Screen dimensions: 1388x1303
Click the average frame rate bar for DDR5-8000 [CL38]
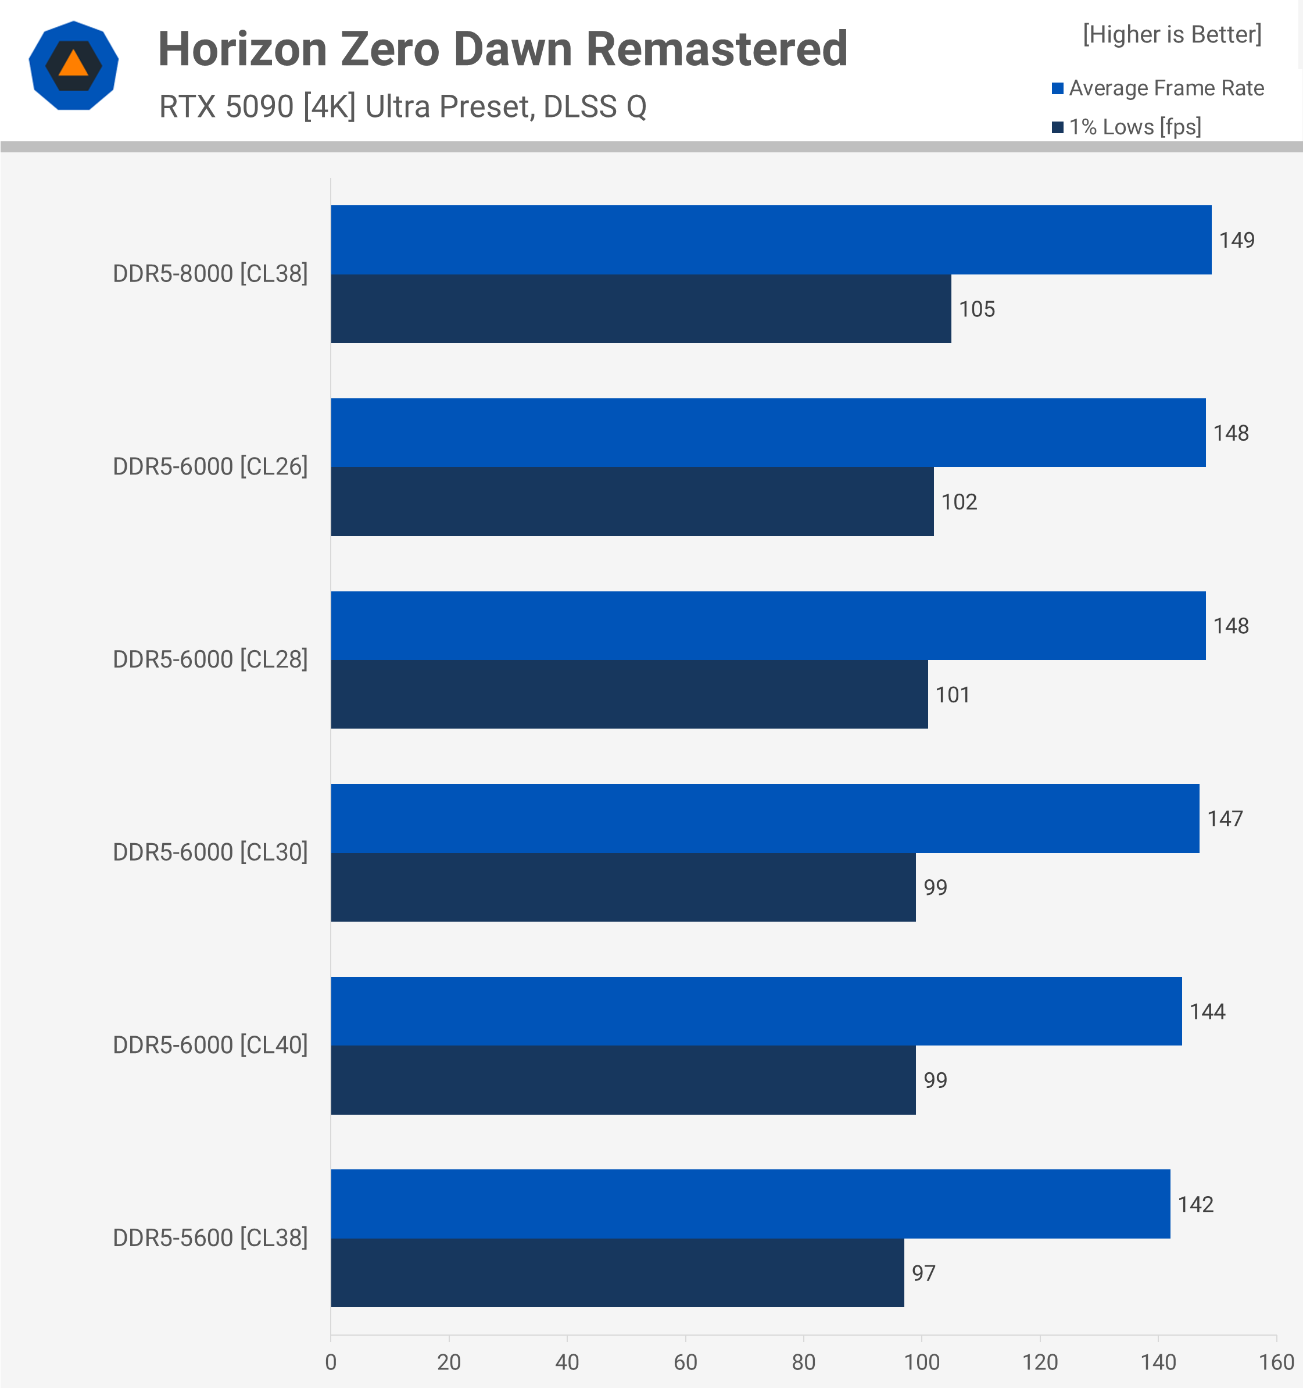771,240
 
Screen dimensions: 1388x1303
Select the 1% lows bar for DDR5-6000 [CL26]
632,501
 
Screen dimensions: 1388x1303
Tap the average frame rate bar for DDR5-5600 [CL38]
750,1204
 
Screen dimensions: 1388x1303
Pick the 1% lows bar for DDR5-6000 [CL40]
622,1079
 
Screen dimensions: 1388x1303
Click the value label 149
1236,240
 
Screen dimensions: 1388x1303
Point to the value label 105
976,309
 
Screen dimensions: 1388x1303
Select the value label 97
923,1273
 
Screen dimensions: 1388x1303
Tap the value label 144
1207,1011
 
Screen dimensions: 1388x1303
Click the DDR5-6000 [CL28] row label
210,659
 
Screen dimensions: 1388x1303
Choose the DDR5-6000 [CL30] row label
210,852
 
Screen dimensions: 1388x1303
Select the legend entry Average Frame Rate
1165,88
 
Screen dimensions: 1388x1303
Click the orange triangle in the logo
73,64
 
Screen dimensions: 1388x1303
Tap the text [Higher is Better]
1172,34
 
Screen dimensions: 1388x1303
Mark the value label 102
958,502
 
